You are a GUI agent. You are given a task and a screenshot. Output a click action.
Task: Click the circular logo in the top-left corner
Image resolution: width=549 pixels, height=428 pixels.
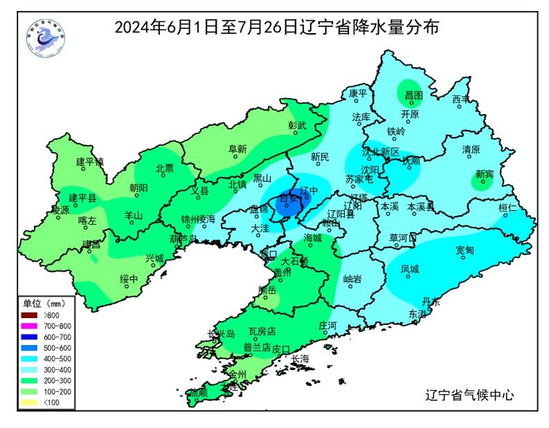click(44, 39)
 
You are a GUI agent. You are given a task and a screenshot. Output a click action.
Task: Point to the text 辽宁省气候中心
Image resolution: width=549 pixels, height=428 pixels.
click(469, 396)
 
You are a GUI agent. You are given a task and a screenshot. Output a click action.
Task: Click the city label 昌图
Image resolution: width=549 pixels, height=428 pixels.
click(413, 95)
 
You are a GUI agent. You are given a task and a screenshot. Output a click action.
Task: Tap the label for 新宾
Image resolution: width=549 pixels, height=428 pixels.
click(484, 174)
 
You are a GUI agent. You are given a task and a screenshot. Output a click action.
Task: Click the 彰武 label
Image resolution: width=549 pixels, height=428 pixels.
click(297, 125)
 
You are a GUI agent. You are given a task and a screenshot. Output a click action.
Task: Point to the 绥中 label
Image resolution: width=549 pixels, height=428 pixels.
click(129, 279)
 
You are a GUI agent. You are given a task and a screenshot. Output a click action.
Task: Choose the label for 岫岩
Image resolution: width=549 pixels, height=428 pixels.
click(352, 279)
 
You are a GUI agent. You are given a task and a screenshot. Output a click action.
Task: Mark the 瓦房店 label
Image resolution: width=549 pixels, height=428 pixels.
click(262, 332)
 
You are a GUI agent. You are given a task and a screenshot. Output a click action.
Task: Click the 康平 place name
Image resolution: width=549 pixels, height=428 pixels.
click(357, 93)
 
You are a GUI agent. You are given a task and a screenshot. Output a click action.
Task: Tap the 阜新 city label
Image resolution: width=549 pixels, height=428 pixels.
click(237, 149)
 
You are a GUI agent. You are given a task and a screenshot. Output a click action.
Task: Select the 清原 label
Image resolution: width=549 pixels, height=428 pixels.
click(471, 149)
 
